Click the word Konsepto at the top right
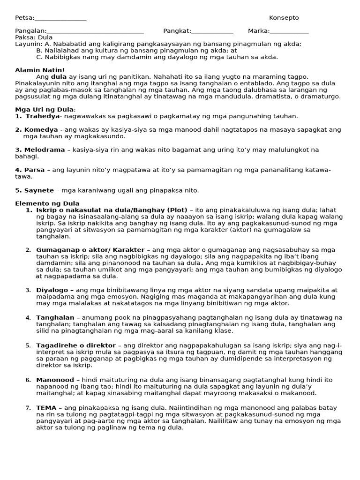tap(284, 18)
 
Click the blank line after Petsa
tap(60, 19)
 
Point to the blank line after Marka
tap(289, 32)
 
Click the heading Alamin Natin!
tap(40, 70)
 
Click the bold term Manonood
tap(55, 380)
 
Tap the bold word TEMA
tap(46, 408)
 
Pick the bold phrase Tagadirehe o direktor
tap(75, 345)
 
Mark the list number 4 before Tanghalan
tap(28, 318)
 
